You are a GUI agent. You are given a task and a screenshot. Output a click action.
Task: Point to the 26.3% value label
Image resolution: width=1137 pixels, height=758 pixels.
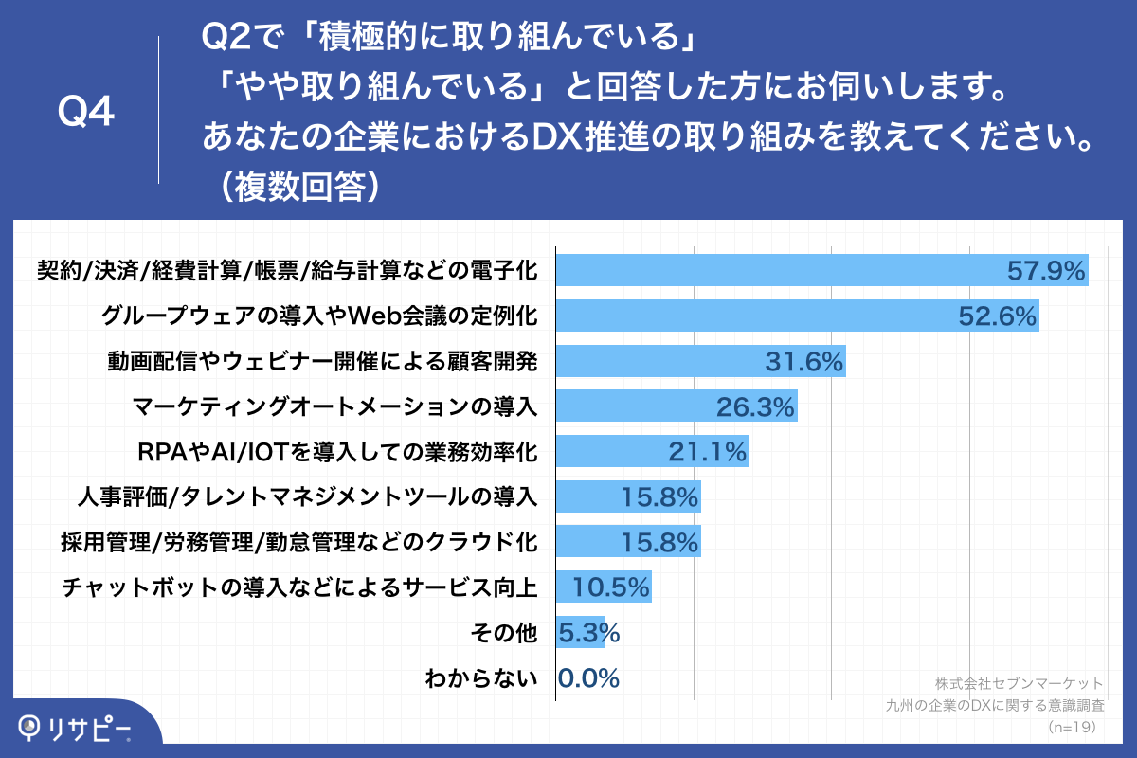point(754,406)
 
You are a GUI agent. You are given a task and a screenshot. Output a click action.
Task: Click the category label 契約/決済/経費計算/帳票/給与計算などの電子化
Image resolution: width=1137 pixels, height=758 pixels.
point(286,271)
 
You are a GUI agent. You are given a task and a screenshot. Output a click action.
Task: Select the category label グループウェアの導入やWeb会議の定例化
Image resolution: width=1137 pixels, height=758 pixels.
point(319,316)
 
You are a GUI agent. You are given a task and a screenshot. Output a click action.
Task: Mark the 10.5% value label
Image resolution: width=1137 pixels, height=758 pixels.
point(610,587)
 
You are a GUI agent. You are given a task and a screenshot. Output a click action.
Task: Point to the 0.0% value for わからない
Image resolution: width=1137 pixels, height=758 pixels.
point(588,678)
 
